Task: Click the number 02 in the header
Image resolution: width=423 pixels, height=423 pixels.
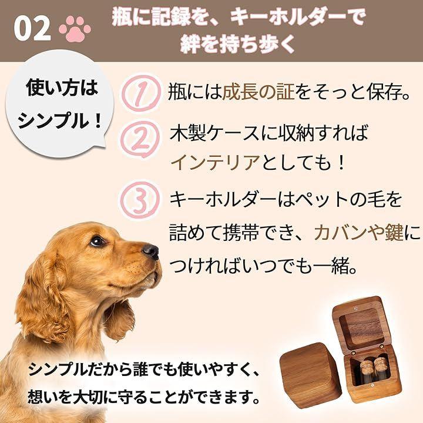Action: (x=32, y=29)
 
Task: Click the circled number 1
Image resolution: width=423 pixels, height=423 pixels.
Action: (x=140, y=93)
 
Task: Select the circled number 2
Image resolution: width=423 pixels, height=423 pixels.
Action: (x=140, y=139)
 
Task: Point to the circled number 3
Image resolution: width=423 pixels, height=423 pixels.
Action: (x=140, y=200)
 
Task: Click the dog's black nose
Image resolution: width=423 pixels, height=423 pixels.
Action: (x=150, y=251)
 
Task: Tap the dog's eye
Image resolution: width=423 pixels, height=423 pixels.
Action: (x=97, y=241)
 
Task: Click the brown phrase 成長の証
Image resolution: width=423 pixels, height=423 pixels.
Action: (x=258, y=93)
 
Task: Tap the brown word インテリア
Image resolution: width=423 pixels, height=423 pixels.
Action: (x=215, y=163)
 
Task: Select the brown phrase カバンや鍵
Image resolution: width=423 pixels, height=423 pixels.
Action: (x=358, y=233)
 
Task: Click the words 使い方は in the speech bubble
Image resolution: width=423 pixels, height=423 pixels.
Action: (x=62, y=88)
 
